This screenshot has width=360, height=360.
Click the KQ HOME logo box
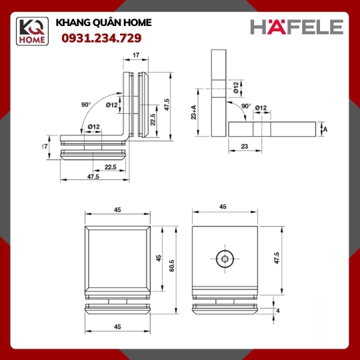coord(32,31)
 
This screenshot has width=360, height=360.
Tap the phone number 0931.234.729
coord(101,38)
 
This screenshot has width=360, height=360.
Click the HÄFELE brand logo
coord(297,27)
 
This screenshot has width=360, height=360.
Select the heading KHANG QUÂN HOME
coord(103,23)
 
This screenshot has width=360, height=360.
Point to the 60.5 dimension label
coord(172,265)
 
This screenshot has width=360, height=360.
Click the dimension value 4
coord(278,311)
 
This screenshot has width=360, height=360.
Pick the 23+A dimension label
coord(194,112)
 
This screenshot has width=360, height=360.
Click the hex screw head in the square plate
coord(225,259)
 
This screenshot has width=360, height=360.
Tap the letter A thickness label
coord(325,129)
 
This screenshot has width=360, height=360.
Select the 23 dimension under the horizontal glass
coord(245,146)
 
